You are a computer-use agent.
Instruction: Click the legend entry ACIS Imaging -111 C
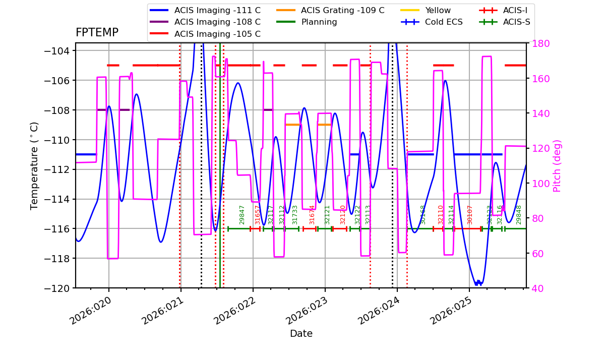click(217, 10)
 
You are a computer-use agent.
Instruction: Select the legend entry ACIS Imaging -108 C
click(217, 22)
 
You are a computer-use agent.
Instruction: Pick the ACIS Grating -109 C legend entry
click(342, 10)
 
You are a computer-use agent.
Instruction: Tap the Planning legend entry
click(319, 22)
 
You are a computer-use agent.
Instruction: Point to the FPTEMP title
click(97, 33)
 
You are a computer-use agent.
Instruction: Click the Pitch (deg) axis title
click(557, 166)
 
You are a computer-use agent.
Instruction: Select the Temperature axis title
click(34, 166)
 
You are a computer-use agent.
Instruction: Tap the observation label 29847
click(242, 214)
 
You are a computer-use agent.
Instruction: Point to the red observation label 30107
click(470, 214)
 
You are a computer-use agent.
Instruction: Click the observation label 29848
click(519, 214)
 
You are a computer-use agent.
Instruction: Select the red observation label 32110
click(440, 214)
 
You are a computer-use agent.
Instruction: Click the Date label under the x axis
click(301, 334)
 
